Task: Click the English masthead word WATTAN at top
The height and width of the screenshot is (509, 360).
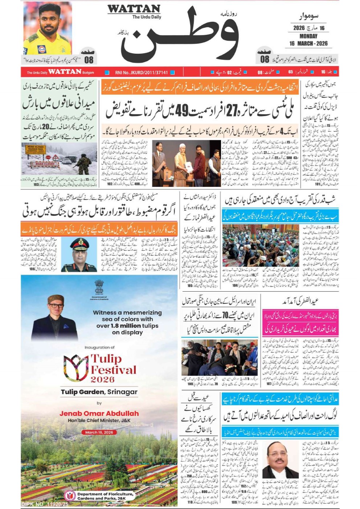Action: click(134, 9)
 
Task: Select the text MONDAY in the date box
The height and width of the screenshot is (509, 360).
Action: click(308, 36)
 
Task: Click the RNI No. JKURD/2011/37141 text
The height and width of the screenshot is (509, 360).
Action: click(141, 73)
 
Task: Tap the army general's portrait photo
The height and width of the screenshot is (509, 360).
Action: click(79, 255)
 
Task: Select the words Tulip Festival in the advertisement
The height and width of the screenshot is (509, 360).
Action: click(113, 365)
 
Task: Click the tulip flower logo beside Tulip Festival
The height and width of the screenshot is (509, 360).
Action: click(76, 367)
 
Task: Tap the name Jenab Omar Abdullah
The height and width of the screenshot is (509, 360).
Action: click(99, 414)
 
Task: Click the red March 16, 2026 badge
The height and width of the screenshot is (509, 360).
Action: click(99, 432)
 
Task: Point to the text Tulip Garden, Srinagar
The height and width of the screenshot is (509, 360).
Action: click(99, 392)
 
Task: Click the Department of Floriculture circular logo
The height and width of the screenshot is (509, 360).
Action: click(70, 496)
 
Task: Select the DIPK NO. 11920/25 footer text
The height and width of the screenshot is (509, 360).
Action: click(45, 504)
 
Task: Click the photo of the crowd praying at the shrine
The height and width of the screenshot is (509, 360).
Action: click(261, 246)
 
